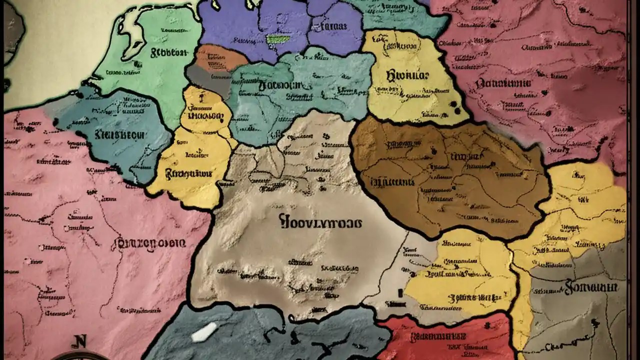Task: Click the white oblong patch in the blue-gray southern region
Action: pos(204,332)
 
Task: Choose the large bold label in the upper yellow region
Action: pos(407,76)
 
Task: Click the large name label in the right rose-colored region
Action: pos(503,83)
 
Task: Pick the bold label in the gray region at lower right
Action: pos(591,287)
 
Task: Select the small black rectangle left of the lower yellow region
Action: pos(400,293)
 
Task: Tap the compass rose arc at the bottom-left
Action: pos(80,355)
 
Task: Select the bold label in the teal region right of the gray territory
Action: pos(280,86)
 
